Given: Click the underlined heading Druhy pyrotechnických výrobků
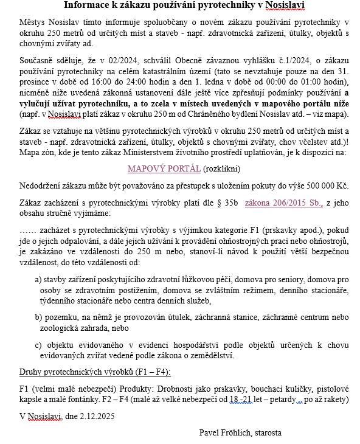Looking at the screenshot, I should pyautogui.click(x=95, y=371).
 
